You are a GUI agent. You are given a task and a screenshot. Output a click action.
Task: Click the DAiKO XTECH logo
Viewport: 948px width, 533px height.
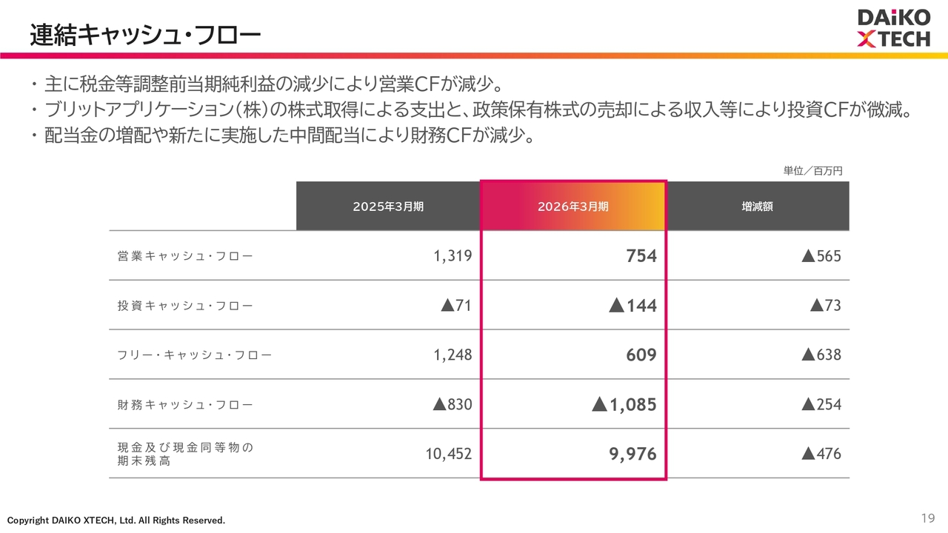tap(894, 28)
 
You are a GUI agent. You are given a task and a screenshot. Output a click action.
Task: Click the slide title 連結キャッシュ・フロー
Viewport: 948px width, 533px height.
tap(145, 35)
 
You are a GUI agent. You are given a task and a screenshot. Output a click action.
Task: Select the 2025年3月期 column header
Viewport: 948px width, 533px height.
tap(388, 207)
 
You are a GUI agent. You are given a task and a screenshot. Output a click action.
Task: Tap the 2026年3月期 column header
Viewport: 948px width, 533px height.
tap(573, 207)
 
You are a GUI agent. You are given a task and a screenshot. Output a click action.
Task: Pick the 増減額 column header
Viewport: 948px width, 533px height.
tap(758, 207)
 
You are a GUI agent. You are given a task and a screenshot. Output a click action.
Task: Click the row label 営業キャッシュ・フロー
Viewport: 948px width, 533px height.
tap(185, 256)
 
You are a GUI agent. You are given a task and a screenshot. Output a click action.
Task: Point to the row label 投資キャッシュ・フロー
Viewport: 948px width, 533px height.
tap(185, 306)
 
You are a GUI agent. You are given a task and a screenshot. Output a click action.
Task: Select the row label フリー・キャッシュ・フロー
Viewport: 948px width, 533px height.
tap(194, 355)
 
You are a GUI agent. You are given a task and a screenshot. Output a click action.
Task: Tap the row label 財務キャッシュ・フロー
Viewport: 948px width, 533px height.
tap(185, 404)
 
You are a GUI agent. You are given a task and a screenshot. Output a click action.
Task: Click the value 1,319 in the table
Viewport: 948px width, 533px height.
tap(453, 256)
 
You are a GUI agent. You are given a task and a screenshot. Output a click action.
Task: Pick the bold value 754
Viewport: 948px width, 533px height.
tap(641, 256)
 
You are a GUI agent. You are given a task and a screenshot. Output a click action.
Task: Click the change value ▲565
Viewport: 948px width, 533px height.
tap(821, 256)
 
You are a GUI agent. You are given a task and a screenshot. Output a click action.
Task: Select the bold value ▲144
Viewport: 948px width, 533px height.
tap(632, 306)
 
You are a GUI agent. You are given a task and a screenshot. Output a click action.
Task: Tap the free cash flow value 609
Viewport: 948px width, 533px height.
tap(641, 355)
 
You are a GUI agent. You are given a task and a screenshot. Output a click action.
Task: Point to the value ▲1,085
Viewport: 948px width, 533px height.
tap(624, 404)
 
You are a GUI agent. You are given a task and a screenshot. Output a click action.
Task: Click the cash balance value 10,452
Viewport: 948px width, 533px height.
tap(448, 454)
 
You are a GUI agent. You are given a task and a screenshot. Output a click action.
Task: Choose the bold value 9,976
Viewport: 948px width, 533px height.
tap(632, 454)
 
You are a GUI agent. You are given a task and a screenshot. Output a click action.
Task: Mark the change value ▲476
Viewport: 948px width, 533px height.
tap(821, 454)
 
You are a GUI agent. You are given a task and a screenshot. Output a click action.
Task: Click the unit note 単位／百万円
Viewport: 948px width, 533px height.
tap(812, 171)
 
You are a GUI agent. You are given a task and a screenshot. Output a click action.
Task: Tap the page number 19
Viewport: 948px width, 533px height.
tap(928, 518)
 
